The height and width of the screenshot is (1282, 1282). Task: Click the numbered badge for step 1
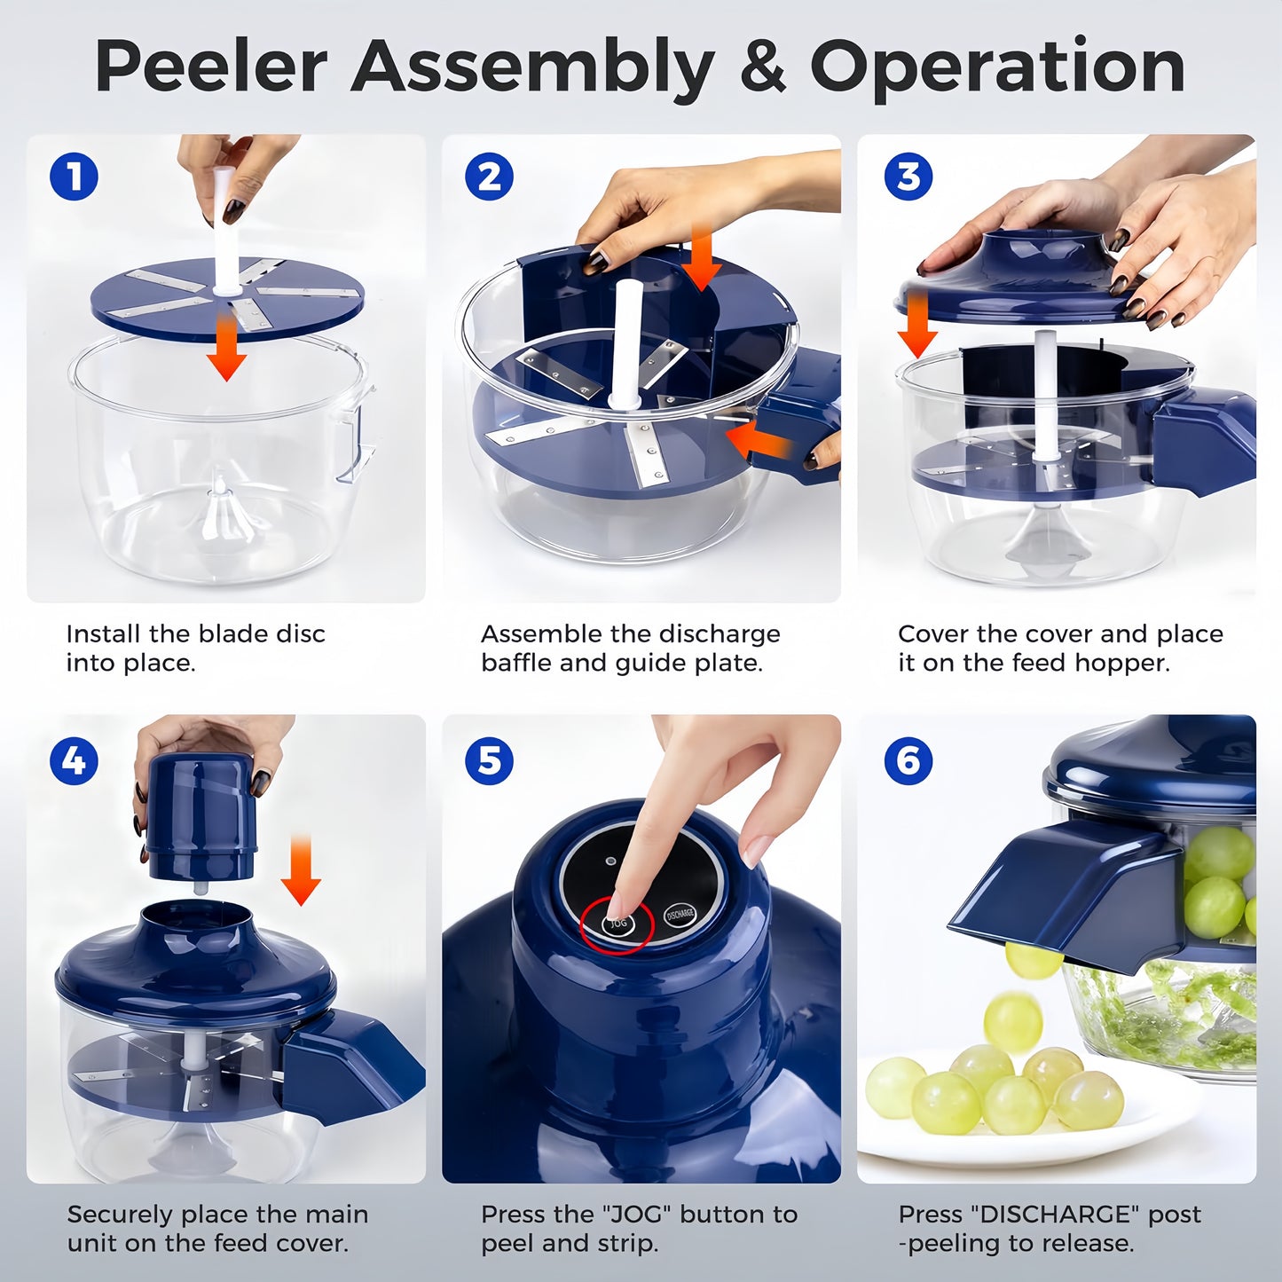point(74,177)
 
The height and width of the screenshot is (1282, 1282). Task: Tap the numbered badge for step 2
point(489,177)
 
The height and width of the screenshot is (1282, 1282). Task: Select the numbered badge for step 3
point(908,177)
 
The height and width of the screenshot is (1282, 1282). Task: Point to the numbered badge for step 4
point(74,760)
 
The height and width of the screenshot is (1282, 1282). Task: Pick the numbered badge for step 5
point(489,760)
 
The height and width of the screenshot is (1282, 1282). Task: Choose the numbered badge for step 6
point(908,760)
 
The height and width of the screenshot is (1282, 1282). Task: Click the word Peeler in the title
point(211,67)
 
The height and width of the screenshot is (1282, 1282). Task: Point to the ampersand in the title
point(762,67)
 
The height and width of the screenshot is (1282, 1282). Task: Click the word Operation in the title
point(997,67)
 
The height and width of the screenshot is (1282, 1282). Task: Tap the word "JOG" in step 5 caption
point(639,1214)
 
